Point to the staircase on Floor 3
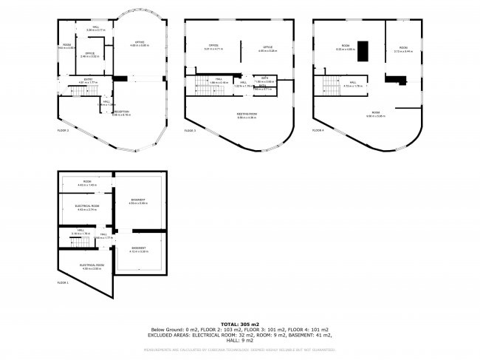click(208, 88)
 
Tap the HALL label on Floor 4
click(353, 83)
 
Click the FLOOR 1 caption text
click(63, 282)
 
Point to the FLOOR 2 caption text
click(63, 130)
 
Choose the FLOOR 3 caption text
click(190, 130)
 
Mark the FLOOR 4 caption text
click(318, 130)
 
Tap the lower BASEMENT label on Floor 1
click(139, 248)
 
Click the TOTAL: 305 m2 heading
click(239, 324)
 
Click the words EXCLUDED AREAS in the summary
click(171, 335)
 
